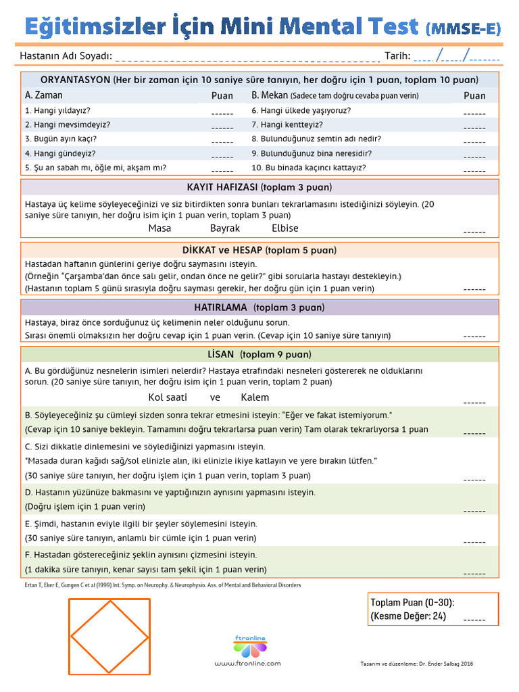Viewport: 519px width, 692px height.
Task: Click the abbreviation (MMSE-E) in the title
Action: (x=464, y=28)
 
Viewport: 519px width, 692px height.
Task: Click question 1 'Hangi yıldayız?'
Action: (x=57, y=110)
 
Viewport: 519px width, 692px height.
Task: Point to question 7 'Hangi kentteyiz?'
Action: (x=287, y=124)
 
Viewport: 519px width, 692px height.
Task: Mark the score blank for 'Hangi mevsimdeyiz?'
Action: (x=222, y=126)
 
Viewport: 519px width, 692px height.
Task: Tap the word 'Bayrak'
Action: (x=225, y=228)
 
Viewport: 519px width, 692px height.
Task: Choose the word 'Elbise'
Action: (x=285, y=228)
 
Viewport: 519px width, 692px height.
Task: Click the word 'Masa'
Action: (x=159, y=228)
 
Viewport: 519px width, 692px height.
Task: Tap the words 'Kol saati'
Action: (x=168, y=397)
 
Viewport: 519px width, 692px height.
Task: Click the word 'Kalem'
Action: (x=255, y=397)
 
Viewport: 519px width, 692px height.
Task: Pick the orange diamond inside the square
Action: (x=110, y=637)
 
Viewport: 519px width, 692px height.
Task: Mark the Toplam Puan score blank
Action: (x=474, y=619)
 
